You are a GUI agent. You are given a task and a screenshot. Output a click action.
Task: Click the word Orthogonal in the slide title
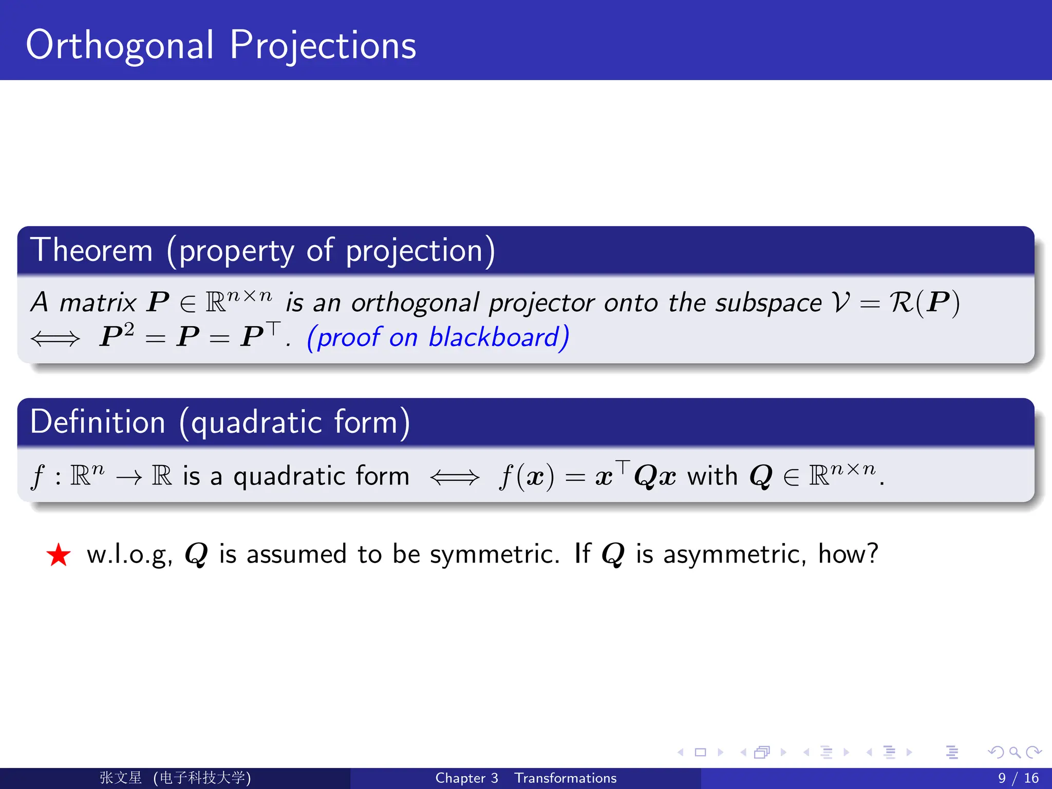[119, 46]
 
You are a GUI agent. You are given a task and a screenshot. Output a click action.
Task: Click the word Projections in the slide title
[323, 46]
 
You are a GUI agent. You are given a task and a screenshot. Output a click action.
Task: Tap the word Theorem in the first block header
[91, 251]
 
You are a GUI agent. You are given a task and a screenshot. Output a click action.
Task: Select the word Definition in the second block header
[98, 422]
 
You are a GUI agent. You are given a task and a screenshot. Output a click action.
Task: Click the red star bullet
[58, 555]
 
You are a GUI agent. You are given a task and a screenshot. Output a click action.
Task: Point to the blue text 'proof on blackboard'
[438, 337]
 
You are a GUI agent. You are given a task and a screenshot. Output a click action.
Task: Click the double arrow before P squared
[55, 339]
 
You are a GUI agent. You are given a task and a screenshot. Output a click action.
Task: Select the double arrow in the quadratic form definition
[455, 477]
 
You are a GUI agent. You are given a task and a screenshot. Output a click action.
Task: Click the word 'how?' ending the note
[848, 554]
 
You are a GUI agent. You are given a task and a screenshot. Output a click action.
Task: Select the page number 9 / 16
[1018, 778]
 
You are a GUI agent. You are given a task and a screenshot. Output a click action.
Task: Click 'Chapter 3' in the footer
[466, 778]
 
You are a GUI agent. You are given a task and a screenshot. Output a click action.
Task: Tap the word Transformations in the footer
[566, 778]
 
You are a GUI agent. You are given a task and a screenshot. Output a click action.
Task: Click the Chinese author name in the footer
[121, 778]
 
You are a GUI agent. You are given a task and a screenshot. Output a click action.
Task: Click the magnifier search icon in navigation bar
[1015, 753]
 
